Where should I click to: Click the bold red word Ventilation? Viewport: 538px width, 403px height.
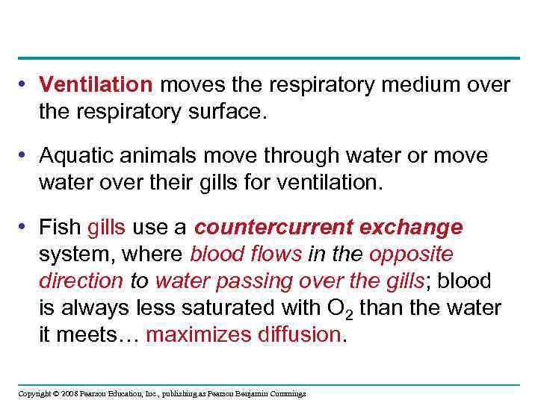tap(96, 86)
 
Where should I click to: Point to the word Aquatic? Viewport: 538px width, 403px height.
tap(73, 157)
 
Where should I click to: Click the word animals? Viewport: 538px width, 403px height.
tap(152, 157)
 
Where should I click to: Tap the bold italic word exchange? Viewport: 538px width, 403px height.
tap(417, 228)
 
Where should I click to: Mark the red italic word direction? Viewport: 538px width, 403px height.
tap(81, 281)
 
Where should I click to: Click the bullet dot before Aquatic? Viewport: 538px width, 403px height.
tap(25, 156)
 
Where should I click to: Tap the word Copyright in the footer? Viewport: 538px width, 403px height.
tap(34, 393)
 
